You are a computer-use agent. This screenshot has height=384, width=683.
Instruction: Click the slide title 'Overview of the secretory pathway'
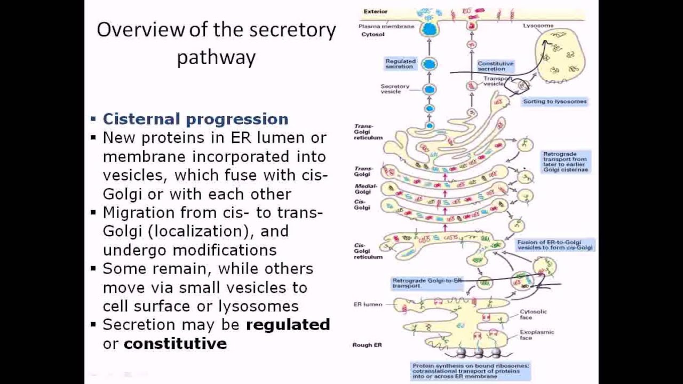(x=216, y=43)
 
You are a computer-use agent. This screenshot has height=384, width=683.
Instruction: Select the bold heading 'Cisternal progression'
(x=195, y=119)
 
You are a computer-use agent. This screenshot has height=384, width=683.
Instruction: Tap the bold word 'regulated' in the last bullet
(x=288, y=325)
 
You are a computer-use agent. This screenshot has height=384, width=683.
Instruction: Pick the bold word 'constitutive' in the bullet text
(x=175, y=343)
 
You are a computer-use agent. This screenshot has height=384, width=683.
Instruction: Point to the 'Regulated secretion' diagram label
(x=400, y=64)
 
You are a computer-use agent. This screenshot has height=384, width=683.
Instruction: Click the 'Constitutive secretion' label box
(x=495, y=66)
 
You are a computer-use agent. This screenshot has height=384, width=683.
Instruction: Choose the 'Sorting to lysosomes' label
(x=554, y=101)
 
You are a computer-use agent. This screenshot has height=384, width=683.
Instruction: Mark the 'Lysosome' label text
(x=538, y=26)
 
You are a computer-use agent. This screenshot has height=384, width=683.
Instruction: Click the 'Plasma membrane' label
(x=386, y=26)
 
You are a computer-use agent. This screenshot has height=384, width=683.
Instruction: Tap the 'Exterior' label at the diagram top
(x=376, y=11)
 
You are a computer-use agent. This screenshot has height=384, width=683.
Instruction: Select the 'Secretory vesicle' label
(x=395, y=89)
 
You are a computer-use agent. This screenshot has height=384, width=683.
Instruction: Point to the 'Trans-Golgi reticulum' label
(x=368, y=132)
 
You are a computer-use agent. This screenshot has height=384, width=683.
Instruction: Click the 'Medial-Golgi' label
(x=366, y=189)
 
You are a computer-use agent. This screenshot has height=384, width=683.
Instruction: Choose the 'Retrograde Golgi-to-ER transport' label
(x=422, y=283)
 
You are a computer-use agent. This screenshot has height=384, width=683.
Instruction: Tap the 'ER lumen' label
(x=368, y=305)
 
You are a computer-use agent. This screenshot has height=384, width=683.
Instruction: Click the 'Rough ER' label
(x=367, y=345)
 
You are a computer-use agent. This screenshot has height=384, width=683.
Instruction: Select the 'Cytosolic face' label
(x=533, y=314)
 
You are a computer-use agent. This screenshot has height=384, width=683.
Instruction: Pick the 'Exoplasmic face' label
(x=537, y=334)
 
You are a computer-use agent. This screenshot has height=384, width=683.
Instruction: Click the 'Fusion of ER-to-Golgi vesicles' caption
(x=555, y=245)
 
